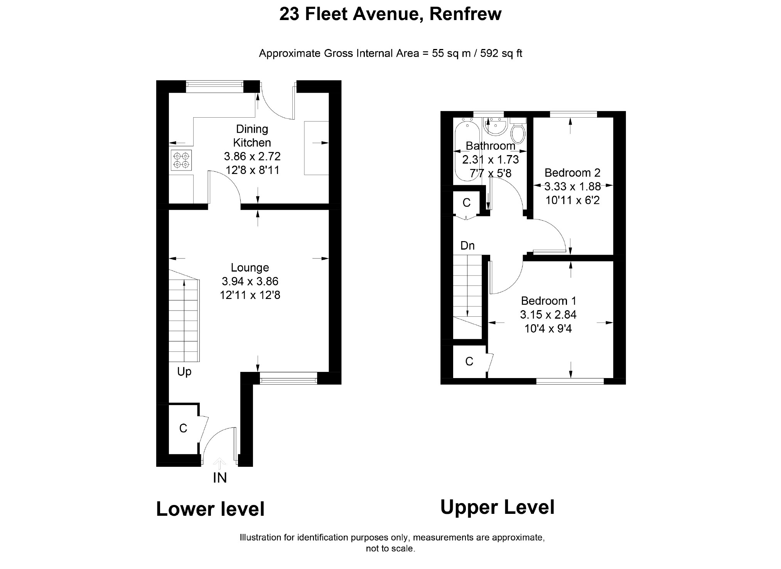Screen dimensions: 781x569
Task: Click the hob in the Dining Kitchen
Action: (x=182, y=160)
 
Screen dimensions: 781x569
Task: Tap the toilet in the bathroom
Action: (x=518, y=130)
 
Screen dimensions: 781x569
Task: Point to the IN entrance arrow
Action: (x=219, y=463)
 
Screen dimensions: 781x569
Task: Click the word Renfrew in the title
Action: (x=465, y=14)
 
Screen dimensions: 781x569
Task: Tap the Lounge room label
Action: (x=250, y=267)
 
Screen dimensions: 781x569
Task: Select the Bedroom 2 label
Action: (x=572, y=172)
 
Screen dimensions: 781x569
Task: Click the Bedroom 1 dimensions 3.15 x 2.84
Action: (x=548, y=315)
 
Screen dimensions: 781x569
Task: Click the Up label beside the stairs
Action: (x=184, y=372)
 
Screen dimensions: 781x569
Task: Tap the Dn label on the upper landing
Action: (x=467, y=246)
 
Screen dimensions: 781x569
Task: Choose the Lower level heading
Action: (x=210, y=509)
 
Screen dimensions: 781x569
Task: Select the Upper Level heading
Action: (x=498, y=507)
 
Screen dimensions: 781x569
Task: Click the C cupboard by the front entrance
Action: (x=183, y=428)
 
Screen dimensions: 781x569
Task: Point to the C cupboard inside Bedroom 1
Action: (x=469, y=361)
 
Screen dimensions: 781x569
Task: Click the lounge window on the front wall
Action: (x=288, y=378)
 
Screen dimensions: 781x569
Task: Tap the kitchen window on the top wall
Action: (x=214, y=86)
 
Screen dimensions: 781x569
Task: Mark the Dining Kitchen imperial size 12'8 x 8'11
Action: (x=252, y=170)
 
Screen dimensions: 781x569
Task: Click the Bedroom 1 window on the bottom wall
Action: (x=570, y=381)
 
